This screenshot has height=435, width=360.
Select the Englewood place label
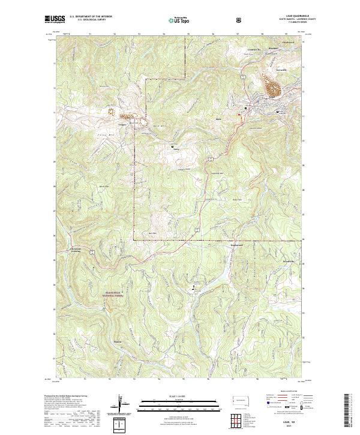(x=238, y=245)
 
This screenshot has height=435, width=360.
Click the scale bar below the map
(x=179, y=403)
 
